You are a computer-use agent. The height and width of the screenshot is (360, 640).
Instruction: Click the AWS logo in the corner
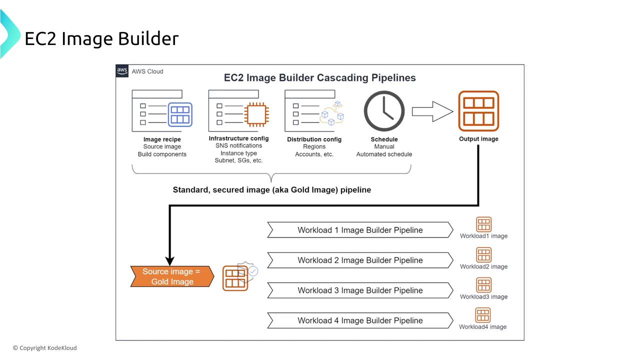tap(122, 71)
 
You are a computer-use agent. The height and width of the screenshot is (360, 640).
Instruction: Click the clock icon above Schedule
tap(384, 111)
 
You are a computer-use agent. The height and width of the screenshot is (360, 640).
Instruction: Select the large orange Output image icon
tap(478, 111)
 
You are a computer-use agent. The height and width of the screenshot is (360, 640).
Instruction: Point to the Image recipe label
tap(162, 139)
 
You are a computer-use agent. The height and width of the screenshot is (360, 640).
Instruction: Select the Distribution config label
tap(314, 139)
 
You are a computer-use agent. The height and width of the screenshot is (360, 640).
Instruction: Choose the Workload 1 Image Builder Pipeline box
tap(360, 230)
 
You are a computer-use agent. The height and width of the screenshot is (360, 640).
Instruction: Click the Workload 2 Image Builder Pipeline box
tap(360, 260)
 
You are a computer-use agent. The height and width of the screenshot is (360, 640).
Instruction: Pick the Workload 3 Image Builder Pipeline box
tap(360, 290)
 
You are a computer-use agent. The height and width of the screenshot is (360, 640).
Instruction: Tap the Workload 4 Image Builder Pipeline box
tap(360, 320)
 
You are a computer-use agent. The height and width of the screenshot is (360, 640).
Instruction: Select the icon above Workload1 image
tap(483, 224)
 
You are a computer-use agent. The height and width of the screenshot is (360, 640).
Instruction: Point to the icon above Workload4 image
tap(482, 315)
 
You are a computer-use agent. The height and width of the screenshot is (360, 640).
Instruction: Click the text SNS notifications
tap(238, 145)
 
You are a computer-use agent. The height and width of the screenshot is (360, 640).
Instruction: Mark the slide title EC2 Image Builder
tap(101, 38)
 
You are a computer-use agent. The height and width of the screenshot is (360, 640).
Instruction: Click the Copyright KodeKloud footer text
tap(45, 348)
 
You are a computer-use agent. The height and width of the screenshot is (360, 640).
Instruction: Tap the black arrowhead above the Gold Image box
tap(169, 260)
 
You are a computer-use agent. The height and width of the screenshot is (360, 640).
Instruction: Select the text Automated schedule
tap(384, 154)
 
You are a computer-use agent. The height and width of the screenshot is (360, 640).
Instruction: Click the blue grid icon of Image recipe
tap(180, 114)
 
